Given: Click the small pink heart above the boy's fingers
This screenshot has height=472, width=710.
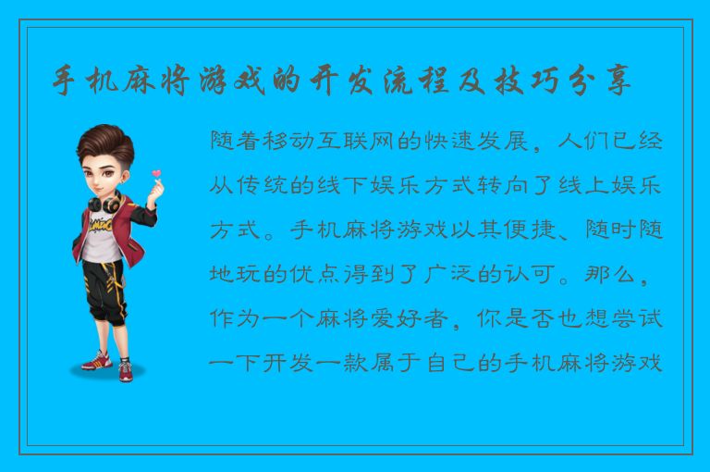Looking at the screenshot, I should pyautogui.click(x=157, y=171).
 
